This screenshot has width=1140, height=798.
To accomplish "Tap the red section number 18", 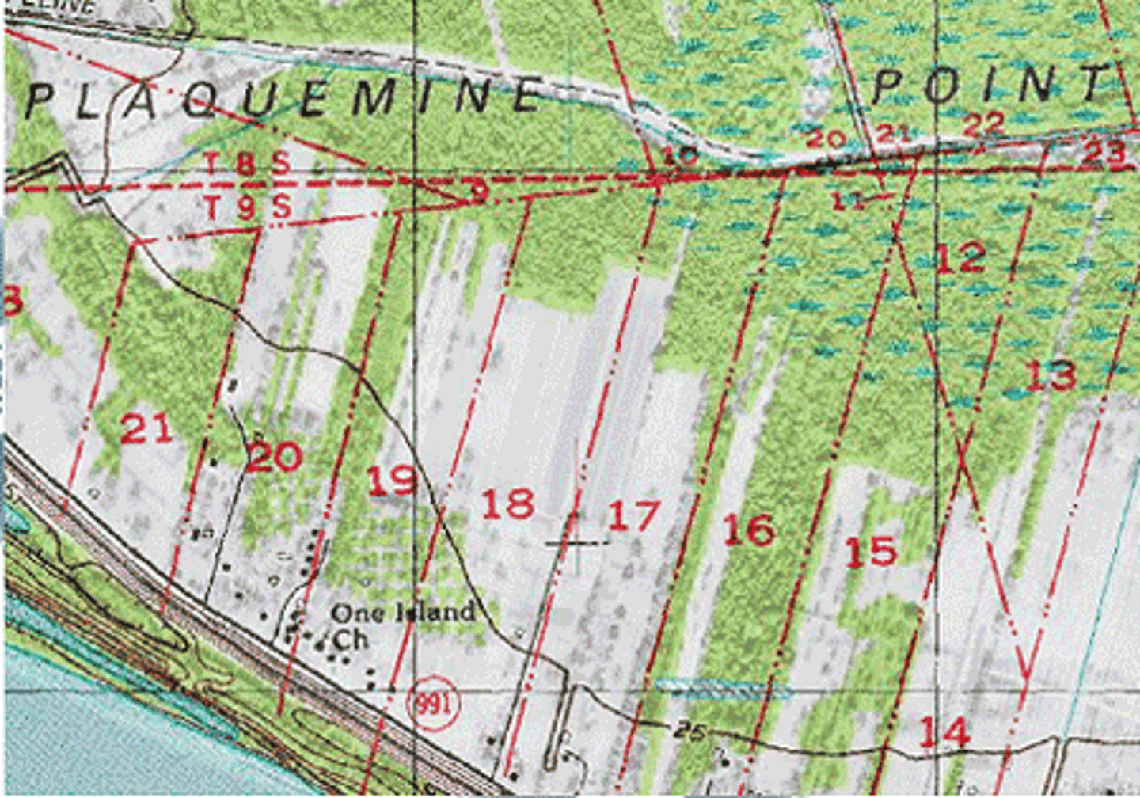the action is [x=507, y=503].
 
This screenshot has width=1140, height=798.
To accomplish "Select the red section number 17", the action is [x=633, y=516].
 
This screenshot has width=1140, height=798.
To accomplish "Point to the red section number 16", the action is [x=748, y=530].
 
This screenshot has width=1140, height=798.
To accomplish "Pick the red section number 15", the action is [x=871, y=551].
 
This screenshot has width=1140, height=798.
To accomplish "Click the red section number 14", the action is [x=944, y=732].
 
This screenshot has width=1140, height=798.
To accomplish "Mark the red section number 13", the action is [x=1051, y=374].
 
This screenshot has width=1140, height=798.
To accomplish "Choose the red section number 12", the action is [x=960, y=258].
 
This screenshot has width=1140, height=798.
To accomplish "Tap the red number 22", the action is [x=984, y=123].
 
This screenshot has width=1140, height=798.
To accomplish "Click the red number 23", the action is [x=1104, y=153].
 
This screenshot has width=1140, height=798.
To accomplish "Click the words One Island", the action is [x=404, y=612].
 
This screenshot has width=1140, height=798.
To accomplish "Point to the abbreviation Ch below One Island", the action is [x=350, y=638].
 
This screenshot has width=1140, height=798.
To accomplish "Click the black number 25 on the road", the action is [x=690, y=730].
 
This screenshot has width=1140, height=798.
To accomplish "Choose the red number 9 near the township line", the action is [x=477, y=191].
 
